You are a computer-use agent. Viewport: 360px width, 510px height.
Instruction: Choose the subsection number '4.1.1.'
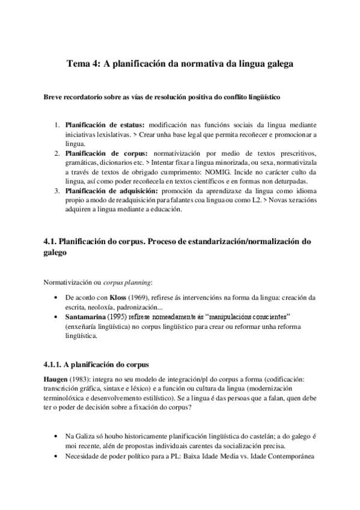pos(55,364)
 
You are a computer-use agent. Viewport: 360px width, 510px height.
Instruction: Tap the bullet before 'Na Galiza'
pos(56,435)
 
